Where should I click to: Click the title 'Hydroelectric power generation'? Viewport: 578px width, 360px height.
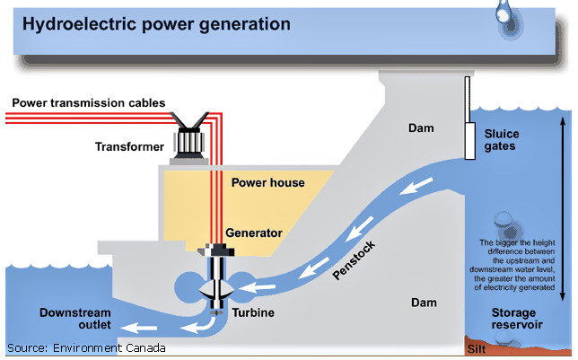tap(156, 24)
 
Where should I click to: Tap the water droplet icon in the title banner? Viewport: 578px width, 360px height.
tap(508, 19)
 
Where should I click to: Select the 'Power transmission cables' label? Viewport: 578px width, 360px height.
tap(89, 103)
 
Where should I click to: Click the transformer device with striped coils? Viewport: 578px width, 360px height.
tap(189, 136)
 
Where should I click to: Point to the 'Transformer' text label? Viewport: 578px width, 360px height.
tap(129, 147)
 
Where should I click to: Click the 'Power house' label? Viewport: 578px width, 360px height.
tap(268, 182)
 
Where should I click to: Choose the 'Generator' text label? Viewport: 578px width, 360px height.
tap(254, 233)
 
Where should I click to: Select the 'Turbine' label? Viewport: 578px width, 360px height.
tap(253, 312)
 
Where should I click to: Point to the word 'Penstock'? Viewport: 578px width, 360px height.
tap(354, 260)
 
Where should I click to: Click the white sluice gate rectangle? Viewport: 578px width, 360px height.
tap(469, 141)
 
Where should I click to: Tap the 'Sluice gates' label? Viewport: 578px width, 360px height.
tap(502, 140)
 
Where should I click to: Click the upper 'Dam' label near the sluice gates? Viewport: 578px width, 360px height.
tap(421, 128)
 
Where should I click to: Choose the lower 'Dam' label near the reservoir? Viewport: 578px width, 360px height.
tap(424, 303)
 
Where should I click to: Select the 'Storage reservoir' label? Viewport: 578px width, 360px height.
tap(517, 319)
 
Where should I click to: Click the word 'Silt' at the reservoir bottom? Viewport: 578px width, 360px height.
tap(477, 349)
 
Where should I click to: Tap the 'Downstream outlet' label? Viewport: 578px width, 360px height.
tap(75, 319)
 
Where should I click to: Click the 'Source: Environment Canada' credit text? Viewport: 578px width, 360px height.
tap(86, 347)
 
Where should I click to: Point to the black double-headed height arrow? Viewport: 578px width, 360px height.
tap(563, 209)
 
